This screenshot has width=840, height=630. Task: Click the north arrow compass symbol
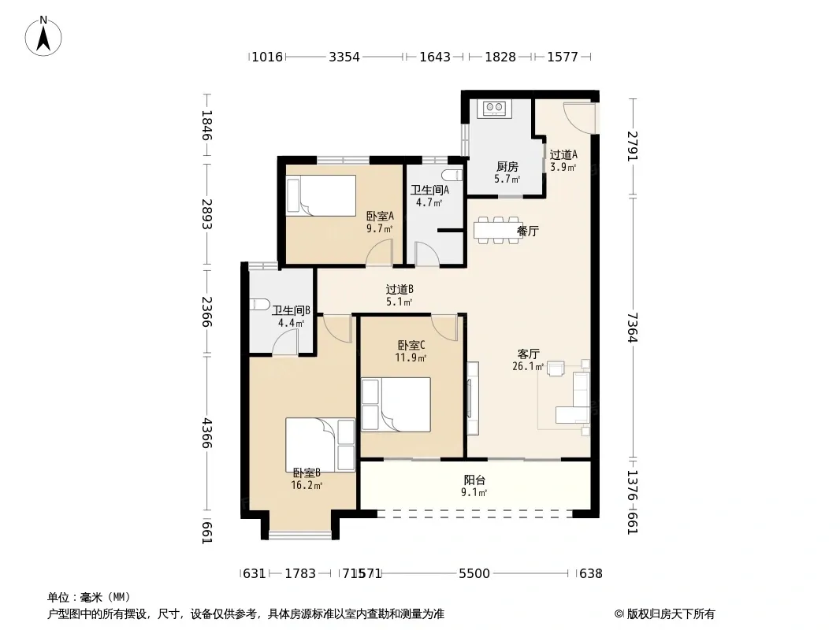click(x=43, y=36)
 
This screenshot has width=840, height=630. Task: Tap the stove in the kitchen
click(x=494, y=108)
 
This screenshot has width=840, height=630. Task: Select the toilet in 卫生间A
click(x=452, y=175)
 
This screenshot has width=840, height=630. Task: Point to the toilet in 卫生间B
click(x=260, y=304)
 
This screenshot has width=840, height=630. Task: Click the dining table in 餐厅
click(x=498, y=230)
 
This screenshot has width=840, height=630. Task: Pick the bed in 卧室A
click(x=322, y=195)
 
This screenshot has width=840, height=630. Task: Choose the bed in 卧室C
click(x=396, y=404)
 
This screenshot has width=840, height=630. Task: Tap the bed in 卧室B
click(x=321, y=445)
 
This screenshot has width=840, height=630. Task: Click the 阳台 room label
click(x=474, y=480)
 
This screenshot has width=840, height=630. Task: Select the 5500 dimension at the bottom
click(x=474, y=573)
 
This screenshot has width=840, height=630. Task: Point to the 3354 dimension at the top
click(x=344, y=56)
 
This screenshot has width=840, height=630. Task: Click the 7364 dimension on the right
click(x=633, y=327)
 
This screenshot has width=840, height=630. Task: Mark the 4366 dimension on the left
click(x=207, y=433)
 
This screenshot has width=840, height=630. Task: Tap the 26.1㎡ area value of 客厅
click(x=528, y=367)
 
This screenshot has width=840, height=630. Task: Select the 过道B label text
click(x=400, y=290)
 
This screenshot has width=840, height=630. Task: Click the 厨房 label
click(x=507, y=166)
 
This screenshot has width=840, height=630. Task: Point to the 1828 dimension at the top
click(x=500, y=56)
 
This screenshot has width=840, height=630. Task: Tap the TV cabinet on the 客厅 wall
click(x=473, y=398)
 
